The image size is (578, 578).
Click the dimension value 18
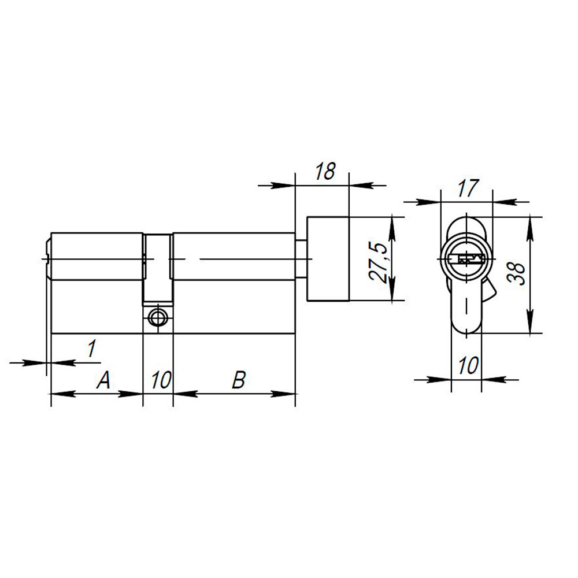click(x=325, y=172)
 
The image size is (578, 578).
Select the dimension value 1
click(x=91, y=349)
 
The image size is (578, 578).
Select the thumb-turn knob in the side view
click(x=328, y=258)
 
